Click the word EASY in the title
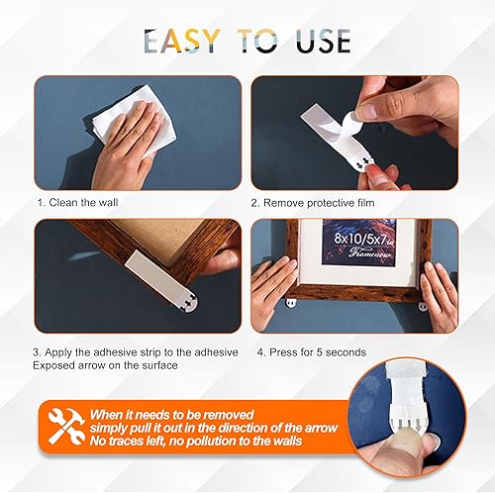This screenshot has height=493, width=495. [182, 41]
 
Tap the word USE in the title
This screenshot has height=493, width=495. [323, 41]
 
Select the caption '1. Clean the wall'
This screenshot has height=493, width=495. [78, 202]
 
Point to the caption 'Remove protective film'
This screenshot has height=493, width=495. [319, 203]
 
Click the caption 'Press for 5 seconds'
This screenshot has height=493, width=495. [318, 352]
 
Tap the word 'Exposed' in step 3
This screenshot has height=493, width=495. [53, 365]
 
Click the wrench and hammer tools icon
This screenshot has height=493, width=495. [66, 427]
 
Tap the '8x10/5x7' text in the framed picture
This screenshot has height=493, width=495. [359, 239]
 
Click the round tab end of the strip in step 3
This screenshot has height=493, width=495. [189, 304]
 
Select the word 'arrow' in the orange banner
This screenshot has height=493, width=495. [321, 428]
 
